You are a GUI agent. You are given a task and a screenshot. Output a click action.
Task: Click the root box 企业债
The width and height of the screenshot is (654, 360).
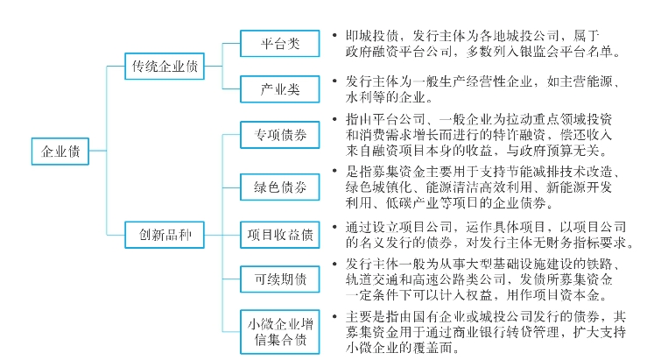tap(60, 151)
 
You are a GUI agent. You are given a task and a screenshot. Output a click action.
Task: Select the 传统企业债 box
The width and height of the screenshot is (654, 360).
tap(165, 66)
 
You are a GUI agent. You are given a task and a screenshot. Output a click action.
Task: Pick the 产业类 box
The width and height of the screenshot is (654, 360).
tap(280, 89)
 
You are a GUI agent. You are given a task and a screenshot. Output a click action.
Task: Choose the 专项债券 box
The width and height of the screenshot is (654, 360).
tap(280, 137)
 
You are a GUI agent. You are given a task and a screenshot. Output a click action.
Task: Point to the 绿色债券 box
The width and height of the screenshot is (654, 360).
tap(280, 187)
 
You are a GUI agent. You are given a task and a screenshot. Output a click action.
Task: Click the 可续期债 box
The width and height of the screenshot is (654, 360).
tap(280, 279)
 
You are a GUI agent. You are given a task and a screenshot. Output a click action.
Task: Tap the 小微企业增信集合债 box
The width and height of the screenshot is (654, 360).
tap(280, 330)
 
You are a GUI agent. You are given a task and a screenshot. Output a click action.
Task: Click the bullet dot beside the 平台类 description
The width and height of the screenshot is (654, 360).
tap(336, 37)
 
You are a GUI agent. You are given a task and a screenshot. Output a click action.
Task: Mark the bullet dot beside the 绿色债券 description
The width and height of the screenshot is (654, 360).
tap(336, 170)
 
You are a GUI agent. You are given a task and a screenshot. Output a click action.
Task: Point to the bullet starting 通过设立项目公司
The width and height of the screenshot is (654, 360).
tap(336, 226)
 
